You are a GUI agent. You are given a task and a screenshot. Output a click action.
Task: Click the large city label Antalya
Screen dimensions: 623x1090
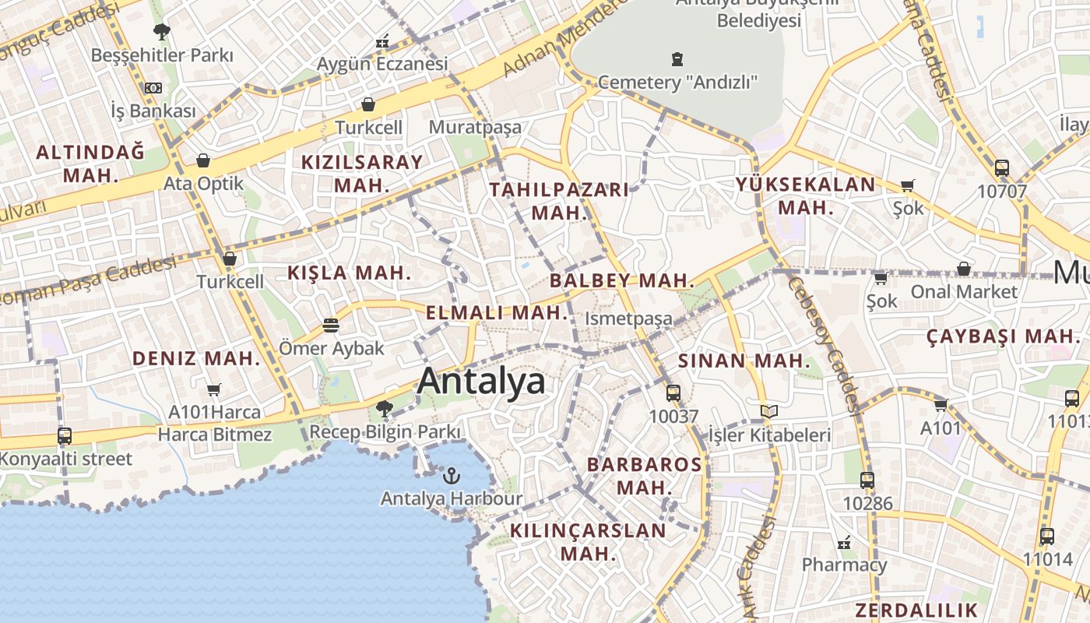point(481,382)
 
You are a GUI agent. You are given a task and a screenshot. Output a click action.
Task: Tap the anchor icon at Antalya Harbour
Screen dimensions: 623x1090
point(451,474)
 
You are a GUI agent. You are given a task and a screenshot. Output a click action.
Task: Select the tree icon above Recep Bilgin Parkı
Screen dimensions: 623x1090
point(384,408)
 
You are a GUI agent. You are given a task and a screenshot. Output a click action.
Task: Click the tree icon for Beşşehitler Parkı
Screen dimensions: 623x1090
point(162,32)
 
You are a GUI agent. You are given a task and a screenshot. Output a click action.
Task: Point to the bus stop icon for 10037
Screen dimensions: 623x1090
point(673,393)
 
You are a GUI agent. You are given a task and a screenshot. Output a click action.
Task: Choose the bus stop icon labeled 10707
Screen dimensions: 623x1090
point(1002,167)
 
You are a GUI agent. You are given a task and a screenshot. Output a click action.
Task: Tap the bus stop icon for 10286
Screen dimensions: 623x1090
point(867,480)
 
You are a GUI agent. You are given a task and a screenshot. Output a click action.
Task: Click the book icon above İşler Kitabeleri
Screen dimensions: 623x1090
point(769,411)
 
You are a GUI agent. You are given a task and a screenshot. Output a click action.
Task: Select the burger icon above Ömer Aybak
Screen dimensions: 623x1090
point(331,325)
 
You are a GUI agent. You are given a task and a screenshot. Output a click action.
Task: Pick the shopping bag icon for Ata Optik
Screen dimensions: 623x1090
point(203,160)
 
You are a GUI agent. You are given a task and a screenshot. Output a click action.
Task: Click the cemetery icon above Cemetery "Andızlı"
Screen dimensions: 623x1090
point(677,58)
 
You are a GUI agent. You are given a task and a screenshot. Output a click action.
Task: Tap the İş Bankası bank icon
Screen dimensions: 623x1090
point(153,88)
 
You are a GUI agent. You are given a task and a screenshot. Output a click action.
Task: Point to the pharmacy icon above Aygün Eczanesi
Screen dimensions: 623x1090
point(382,41)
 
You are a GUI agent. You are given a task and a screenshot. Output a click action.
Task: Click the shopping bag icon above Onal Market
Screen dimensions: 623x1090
point(964,269)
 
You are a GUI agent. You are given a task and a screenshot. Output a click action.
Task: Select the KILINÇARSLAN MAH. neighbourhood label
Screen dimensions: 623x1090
point(588,542)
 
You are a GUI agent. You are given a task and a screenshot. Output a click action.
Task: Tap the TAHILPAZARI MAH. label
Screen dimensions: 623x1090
point(558,201)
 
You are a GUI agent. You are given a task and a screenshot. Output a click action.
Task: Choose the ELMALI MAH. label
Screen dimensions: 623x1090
point(498,313)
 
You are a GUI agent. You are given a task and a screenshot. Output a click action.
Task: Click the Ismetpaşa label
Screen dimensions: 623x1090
point(628,319)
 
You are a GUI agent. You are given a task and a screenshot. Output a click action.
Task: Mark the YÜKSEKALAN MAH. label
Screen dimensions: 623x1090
point(806,196)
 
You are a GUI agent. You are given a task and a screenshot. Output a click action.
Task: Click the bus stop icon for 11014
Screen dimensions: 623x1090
point(1047,536)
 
